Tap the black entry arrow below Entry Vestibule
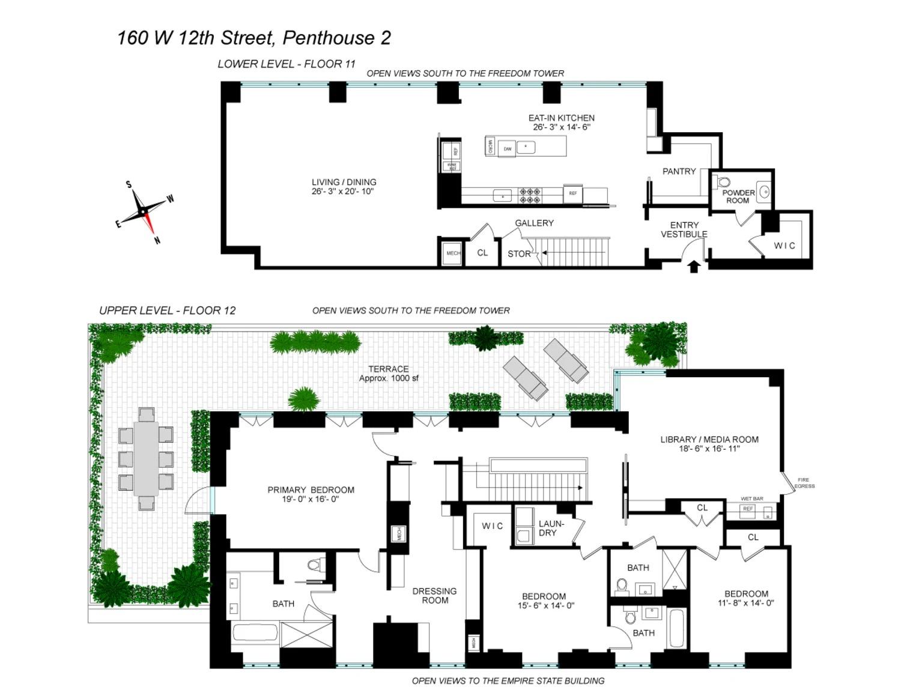pos(694,267)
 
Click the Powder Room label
pos(738,196)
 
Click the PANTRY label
pos(679,171)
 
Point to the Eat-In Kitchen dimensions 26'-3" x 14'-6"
pos(561,127)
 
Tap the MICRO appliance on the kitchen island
pos(490,146)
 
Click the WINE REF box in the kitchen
pos(452,166)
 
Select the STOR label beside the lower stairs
pos(518,254)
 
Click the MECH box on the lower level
pos(453,253)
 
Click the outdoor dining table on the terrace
pos(146,458)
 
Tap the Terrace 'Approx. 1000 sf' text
pos(389,378)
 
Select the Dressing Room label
pos(434,596)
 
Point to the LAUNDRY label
pos(550,528)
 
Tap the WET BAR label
pos(751,498)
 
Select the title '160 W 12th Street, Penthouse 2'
pos(253,38)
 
